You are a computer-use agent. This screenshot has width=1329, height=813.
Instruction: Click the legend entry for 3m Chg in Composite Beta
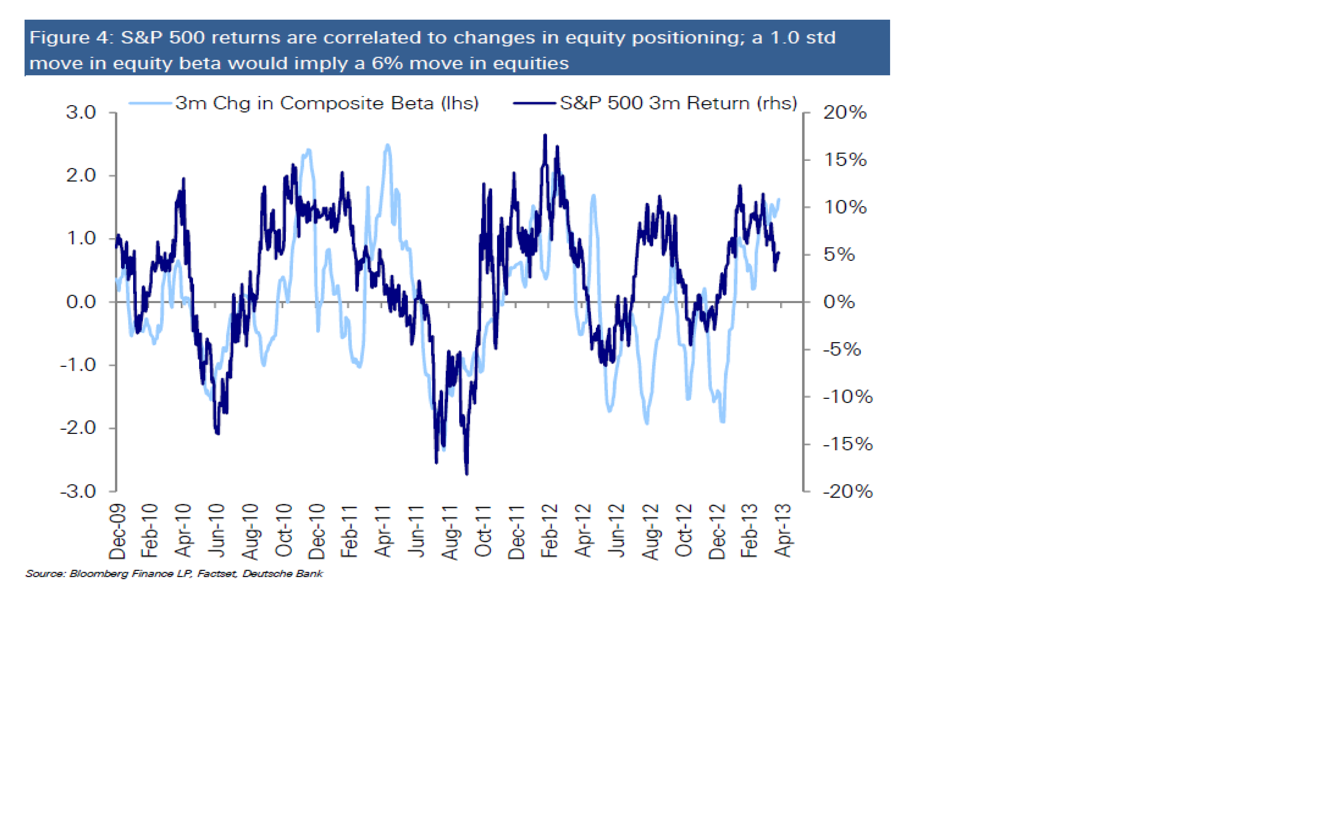326,103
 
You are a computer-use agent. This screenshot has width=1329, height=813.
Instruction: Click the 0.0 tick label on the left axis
81,302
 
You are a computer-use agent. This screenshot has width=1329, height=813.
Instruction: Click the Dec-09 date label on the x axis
118,531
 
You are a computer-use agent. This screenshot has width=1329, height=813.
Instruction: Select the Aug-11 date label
450,533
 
